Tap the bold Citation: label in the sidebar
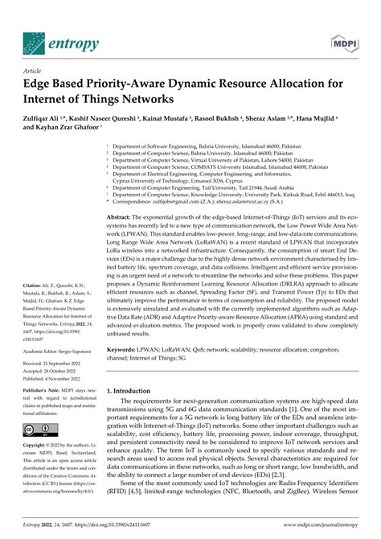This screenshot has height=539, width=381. (x=37, y=285)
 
